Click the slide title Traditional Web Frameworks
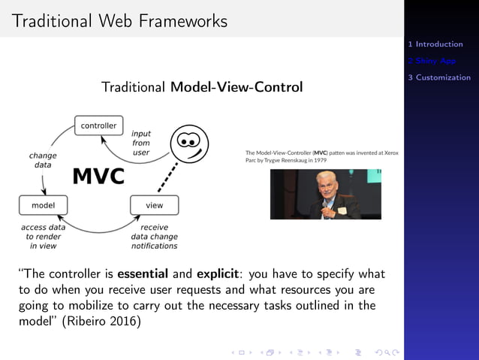119,21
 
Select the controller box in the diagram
98,126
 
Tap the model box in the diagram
42,204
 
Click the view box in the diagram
154,204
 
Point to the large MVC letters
98,177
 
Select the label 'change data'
43,160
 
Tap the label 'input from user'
141,143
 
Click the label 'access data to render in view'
43,236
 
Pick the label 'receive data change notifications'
154,236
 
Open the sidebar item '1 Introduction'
439,44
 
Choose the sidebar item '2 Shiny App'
436,61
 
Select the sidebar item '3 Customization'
443,77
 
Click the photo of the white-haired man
325,195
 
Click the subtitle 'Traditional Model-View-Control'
202,87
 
